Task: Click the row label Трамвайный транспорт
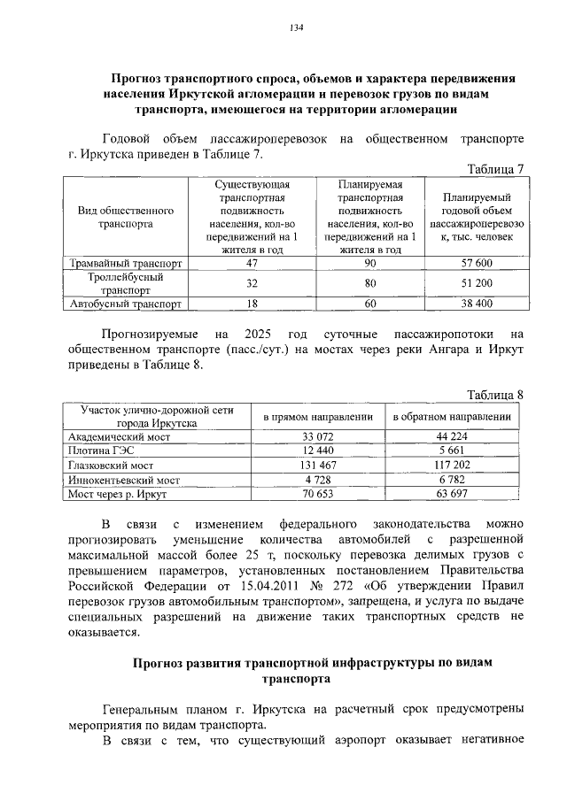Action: pos(126,264)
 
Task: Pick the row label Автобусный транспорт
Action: pos(126,304)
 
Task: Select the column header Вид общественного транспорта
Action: pos(126,218)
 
